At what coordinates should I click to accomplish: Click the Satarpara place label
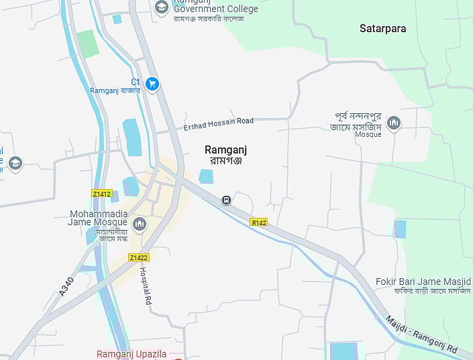tap(383, 29)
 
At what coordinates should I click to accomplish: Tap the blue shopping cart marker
tap(152, 84)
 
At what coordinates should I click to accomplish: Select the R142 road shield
tap(258, 222)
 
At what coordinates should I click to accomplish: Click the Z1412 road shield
tap(101, 194)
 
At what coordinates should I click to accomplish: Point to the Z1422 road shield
tap(139, 257)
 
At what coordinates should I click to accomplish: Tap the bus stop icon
tap(227, 200)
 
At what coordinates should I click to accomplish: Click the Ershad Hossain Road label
tap(219, 124)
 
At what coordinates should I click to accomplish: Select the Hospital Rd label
tap(144, 286)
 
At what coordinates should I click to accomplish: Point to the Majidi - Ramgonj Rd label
tap(422, 335)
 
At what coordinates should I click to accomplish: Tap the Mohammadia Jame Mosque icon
tap(140, 224)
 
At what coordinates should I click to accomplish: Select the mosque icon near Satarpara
tap(394, 122)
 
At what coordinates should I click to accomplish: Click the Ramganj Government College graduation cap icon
tap(161, 7)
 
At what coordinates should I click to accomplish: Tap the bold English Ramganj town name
tap(225, 150)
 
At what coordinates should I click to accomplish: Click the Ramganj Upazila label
tap(132, 354)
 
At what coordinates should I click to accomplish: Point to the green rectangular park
tap(87, 44)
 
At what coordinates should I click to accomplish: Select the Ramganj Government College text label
tap(215, 8)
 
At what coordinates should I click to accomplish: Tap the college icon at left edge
tap(15, 163)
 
